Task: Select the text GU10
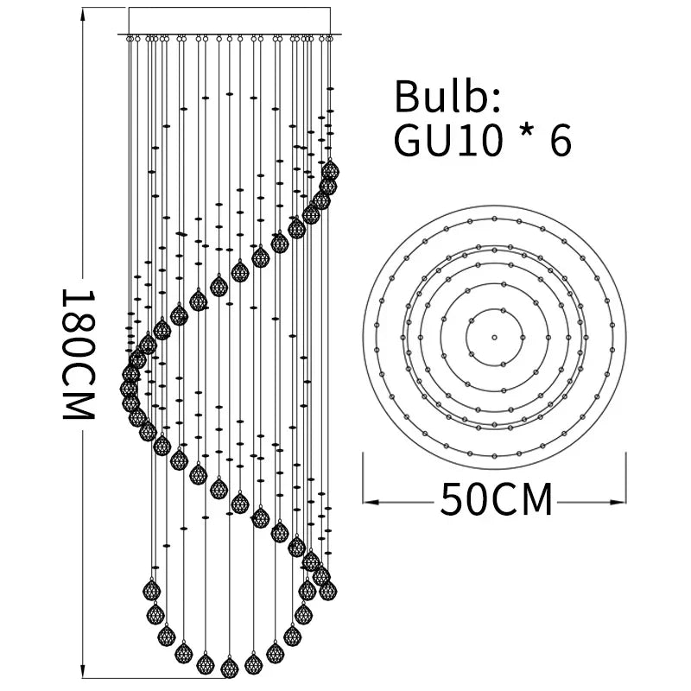point(447,140)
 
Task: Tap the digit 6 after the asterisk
point(561,140)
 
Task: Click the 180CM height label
point(78,354)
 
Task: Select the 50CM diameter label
point(496,499)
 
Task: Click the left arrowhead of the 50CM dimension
point(371,502)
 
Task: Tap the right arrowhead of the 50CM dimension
point(618,502)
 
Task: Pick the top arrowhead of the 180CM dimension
point(82,16)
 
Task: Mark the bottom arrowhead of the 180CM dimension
point(82,670)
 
